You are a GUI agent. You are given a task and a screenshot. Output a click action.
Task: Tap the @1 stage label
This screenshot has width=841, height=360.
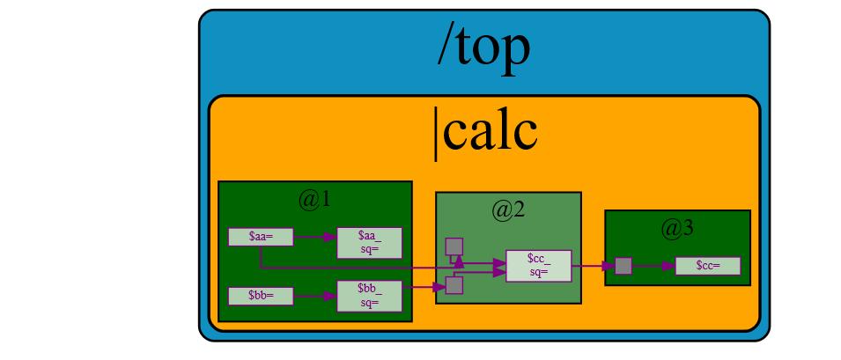314,200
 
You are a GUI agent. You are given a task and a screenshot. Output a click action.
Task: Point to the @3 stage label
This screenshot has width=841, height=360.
677,228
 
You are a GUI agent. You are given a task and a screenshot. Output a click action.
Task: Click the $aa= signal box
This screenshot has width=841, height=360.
261,237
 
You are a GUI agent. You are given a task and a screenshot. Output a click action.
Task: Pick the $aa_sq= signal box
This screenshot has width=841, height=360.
369,243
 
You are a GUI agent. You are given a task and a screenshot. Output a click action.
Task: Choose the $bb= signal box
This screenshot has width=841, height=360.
261,296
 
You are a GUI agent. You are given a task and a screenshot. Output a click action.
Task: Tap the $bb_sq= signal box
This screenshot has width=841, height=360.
369,296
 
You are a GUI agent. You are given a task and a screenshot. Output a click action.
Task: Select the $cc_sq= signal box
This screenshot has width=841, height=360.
538,265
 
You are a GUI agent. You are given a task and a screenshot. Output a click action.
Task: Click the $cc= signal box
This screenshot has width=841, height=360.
707,265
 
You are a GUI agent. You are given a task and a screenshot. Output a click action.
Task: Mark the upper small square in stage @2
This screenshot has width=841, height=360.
454,246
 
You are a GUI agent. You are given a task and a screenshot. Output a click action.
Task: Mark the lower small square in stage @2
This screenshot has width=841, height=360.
454,285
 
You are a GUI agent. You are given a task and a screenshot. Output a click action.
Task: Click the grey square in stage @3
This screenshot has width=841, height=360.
623,265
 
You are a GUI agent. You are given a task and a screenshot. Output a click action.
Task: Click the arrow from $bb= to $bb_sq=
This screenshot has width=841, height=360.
314,296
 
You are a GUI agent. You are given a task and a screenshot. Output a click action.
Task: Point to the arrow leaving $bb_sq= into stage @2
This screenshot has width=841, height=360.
424,287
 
